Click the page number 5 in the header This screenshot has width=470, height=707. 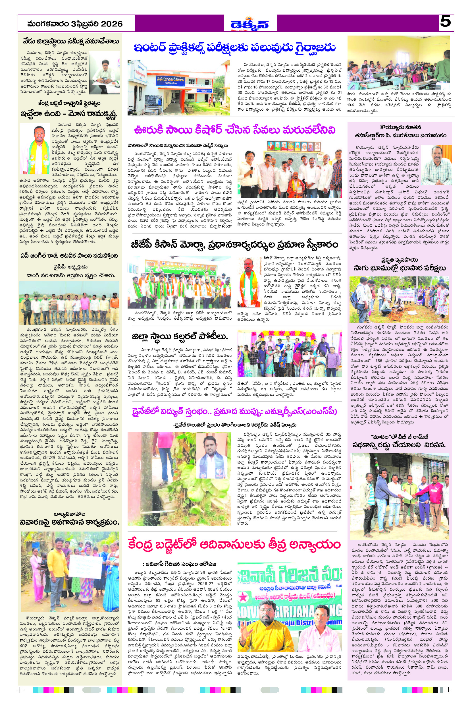tap(446, 22)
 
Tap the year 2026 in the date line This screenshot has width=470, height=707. tap(111, 24)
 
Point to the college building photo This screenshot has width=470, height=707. tap(179, 88)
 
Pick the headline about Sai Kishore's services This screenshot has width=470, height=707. tap(234, 130)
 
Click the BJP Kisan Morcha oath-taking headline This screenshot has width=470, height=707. tap(234, 245)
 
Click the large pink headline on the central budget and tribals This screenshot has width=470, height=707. tap(234, 544)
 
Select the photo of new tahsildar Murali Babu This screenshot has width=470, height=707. tap(436, 165)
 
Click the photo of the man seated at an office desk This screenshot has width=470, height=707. tap(105, 73)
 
